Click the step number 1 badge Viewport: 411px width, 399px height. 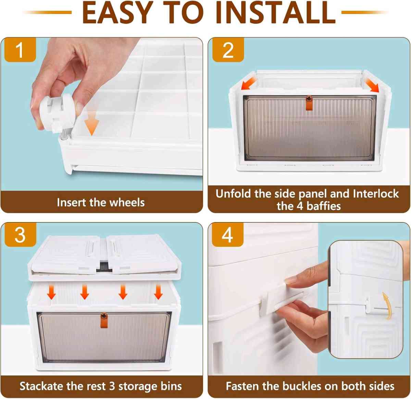[x=20, y=50]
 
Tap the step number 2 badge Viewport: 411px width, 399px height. [x=228, y=50]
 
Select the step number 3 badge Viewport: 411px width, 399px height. [x=20, y=235]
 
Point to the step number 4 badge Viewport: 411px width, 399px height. [x=227, y=235]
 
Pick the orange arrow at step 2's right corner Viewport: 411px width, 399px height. [x=372, y=85]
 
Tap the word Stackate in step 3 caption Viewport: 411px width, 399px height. [x=41, y=386]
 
